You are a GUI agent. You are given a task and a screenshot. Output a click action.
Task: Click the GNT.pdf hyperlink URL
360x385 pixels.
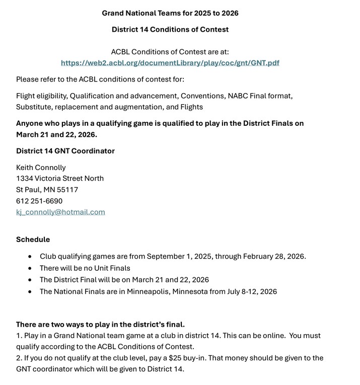[x=170, y=63]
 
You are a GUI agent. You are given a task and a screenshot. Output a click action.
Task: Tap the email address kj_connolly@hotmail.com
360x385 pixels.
[x=60, y=212]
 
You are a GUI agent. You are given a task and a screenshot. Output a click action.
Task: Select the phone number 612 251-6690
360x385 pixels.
[x=39, y=201]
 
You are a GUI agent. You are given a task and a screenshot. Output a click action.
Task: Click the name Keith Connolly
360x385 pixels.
[x=41, y=168]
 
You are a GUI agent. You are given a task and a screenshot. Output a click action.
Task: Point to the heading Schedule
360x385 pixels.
[x=33, y=240]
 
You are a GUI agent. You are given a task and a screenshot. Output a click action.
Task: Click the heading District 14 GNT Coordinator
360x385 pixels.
[x=65, y=151]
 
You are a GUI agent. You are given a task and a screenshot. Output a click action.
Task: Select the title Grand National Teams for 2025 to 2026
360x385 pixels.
[x=170, y=13]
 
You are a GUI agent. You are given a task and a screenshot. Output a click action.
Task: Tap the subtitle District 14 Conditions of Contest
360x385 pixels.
[x=170, y=30]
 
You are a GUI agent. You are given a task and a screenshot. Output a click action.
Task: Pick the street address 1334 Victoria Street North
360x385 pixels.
[x=60, y=179]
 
